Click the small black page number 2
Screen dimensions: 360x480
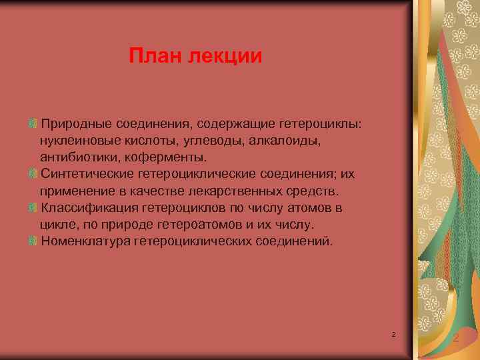point(393,333)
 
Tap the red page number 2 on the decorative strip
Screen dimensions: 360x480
point(455,339)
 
